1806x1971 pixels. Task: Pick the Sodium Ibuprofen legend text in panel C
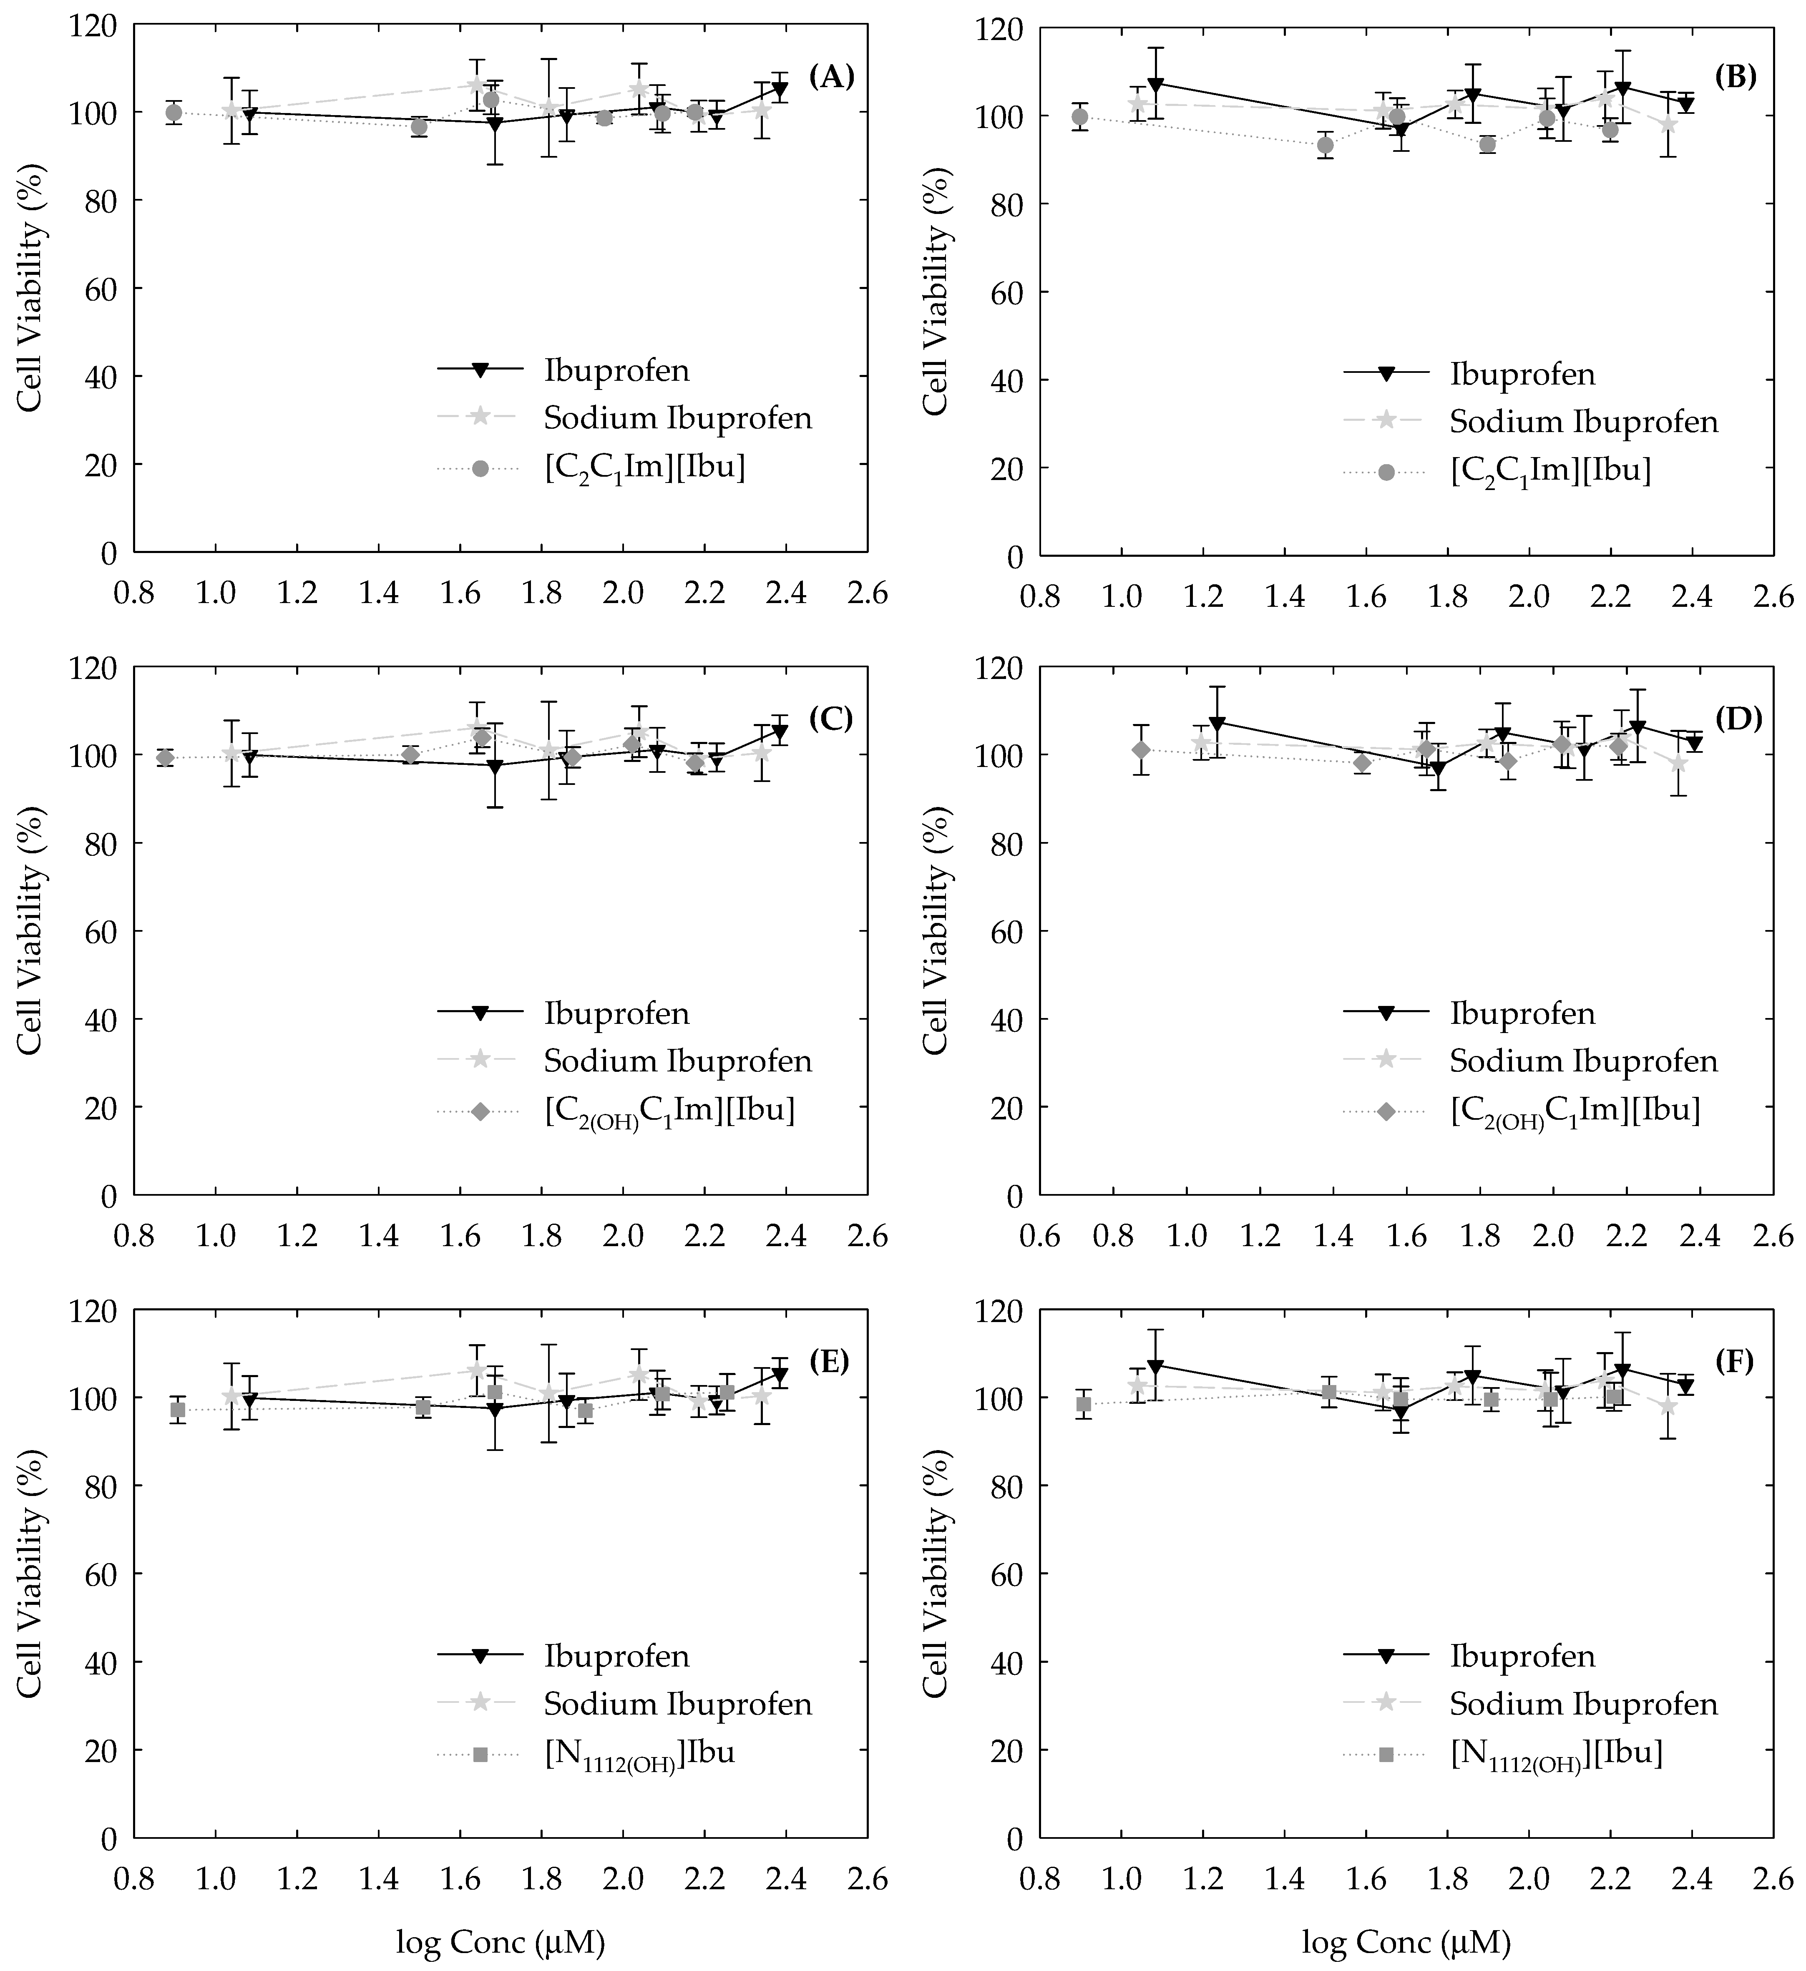(x=678, y=1061)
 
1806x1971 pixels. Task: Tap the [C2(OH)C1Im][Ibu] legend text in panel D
(x=1575, y=1111)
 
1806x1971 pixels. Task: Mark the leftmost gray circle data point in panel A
(x=174, y=113)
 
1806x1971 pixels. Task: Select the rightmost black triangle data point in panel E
(x=779, y=1375)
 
